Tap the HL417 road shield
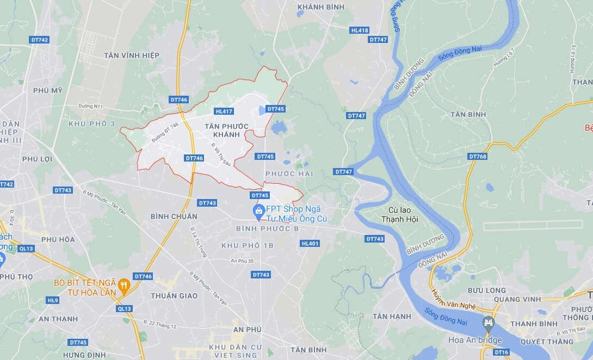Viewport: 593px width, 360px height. (x=224, y=111)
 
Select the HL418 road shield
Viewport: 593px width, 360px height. (x=360, y=30)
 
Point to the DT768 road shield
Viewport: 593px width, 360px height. (x=477, y=157)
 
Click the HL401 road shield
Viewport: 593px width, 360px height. (x=310, y=244)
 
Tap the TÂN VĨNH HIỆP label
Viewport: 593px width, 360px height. (x=131, y=55)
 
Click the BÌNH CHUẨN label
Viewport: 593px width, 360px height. (x=174, y=216)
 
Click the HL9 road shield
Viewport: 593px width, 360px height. (x=52, y=300)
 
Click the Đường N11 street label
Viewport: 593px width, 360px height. (x=90, y=107)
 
